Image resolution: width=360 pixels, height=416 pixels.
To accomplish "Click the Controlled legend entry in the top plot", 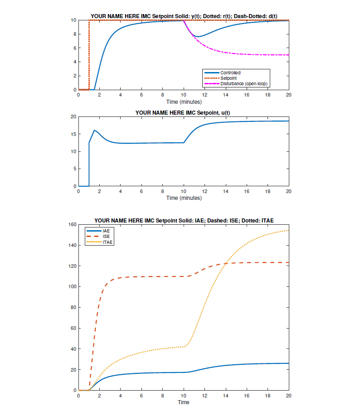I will [230, 73].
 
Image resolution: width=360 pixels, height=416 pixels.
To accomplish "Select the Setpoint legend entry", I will [228, 78].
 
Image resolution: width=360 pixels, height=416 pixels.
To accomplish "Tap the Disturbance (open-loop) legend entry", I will [244, 83].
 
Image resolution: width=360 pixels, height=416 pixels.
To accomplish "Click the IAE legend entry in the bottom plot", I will [107, 231].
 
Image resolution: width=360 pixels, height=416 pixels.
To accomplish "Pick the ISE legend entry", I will [107, 237].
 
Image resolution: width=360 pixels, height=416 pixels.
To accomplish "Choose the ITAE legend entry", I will [108, 242].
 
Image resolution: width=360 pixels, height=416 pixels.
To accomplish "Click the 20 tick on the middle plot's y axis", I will [73, 116].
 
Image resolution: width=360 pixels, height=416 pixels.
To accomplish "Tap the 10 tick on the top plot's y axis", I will [73, 20].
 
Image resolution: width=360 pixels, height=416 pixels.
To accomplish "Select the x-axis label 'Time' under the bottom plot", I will [183, 402].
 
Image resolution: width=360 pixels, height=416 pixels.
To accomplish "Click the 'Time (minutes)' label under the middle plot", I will [183, 198].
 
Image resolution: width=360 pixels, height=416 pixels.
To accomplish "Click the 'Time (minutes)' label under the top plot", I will [183, 102].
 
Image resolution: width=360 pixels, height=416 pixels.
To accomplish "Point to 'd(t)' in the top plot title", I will [271, 16].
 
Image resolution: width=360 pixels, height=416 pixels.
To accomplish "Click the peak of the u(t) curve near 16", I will [94, 131].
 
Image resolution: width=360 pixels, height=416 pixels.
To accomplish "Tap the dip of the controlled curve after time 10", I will [197, 36].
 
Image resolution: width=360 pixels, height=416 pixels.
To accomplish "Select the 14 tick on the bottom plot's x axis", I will [225, 396].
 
